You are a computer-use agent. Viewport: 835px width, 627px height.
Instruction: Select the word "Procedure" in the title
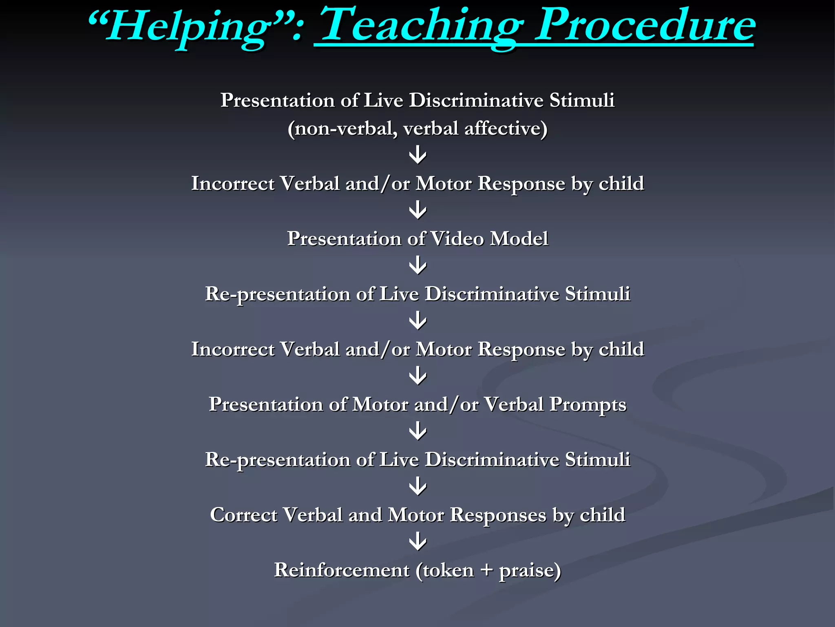(644, 25)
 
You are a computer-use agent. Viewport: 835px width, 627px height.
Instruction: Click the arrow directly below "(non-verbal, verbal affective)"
(417, 156)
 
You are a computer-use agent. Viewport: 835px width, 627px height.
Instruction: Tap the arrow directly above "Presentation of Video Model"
(417, 211)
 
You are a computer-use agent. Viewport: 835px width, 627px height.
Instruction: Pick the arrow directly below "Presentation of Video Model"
(417, 266)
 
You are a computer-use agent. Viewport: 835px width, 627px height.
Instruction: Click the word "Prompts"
(588, 405)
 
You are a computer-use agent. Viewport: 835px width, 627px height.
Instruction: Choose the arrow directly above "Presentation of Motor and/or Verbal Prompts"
(417, 376)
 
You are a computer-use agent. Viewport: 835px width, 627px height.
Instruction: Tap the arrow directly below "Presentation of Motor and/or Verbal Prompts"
(417, 431)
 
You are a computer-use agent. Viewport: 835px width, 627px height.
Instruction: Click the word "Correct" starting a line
(243, 515)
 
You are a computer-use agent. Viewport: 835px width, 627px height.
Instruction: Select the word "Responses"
(498, 516)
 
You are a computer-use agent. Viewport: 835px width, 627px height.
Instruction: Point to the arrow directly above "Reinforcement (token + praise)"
(417, 542)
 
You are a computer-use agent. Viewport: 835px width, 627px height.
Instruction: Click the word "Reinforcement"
(342, 570)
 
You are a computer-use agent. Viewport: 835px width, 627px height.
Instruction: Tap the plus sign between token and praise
(486, 571)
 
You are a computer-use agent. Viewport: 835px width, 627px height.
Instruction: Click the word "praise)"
(530, 571)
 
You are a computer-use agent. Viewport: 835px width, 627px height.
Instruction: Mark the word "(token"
(445, 570)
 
